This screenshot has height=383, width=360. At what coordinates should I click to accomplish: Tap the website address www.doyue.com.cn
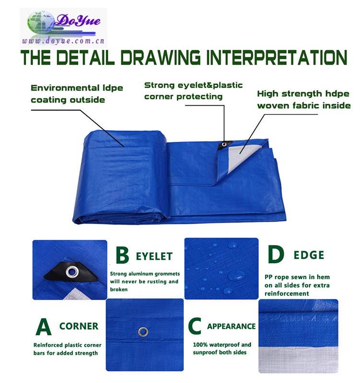63,41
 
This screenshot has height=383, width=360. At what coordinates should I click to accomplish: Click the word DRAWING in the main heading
161,57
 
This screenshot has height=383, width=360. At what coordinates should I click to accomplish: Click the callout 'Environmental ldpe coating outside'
77,94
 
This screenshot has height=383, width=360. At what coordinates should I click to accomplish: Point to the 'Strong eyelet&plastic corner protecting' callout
193,91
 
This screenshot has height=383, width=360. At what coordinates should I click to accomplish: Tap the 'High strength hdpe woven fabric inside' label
304,100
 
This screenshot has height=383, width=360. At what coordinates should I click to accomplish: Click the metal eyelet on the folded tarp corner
224,145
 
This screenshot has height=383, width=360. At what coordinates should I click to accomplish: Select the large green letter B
122,255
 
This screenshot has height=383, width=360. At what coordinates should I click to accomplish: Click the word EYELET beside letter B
154,257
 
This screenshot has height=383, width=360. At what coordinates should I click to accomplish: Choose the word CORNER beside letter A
79,327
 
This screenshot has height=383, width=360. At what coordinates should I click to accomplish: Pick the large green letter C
195,326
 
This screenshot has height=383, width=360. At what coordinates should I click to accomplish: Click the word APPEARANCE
232,327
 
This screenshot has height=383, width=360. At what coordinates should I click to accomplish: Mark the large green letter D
276,254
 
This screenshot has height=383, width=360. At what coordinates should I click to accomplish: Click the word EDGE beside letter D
309,255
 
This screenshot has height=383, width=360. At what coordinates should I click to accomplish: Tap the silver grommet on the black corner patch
72,271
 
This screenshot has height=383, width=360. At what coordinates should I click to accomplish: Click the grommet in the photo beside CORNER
143,332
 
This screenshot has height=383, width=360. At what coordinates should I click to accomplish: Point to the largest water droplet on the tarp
236,276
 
